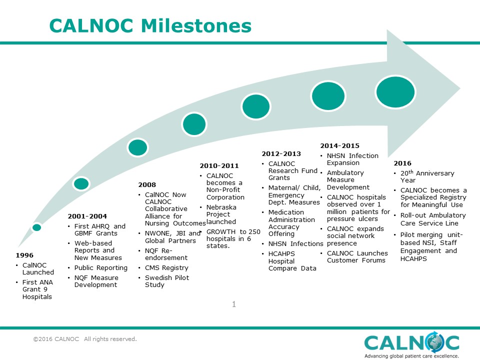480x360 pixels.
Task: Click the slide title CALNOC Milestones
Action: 150,25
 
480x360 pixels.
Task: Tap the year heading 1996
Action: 24,255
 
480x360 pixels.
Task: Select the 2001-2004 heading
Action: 87,216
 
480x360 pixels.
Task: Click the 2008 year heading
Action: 147,185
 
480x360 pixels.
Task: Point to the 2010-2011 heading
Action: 219,166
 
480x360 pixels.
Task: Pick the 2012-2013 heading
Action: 281,154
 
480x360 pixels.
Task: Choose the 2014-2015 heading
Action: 340,146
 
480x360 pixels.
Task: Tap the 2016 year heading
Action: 402,163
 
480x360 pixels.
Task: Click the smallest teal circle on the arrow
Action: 36,227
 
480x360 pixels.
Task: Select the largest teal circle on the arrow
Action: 395,92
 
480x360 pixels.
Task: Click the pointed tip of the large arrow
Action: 460,89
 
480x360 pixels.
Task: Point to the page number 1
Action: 234,304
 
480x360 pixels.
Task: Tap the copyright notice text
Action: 85,339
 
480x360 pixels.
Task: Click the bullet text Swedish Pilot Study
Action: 167,281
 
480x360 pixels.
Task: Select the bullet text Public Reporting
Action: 100,268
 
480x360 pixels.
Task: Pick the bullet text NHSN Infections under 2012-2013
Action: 295,244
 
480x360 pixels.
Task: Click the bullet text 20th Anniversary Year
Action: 427,176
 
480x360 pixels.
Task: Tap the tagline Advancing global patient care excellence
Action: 411,356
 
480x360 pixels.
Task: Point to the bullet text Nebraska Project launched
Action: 221,214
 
